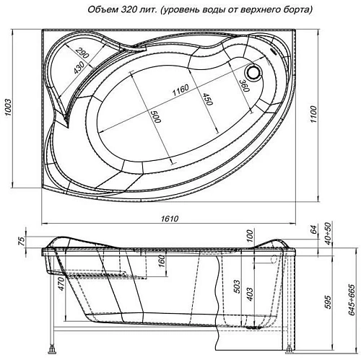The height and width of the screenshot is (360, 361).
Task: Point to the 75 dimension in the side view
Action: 22,241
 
